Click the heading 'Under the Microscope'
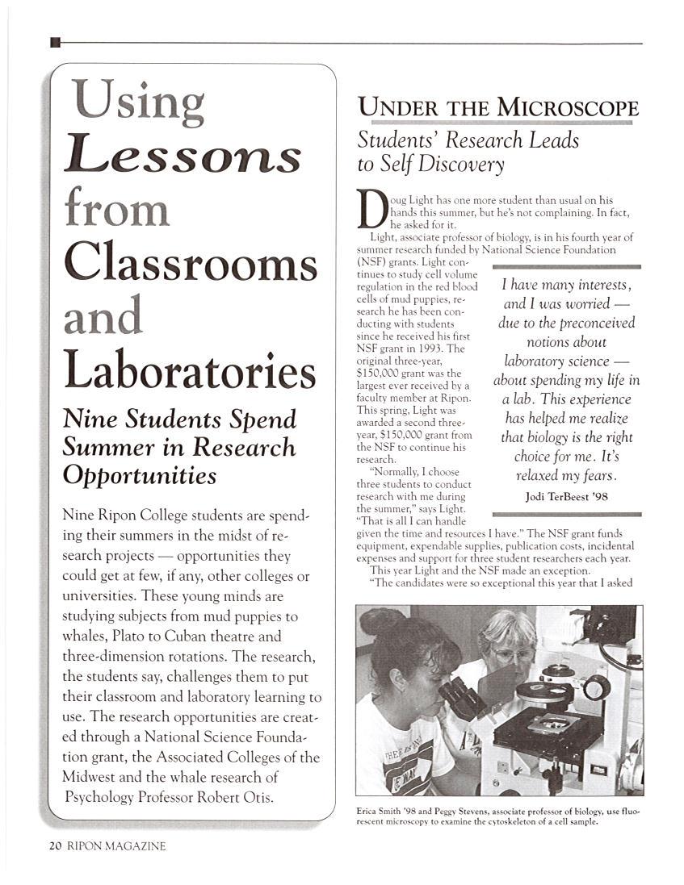click(498, 106)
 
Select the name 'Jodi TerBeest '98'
click(566, 496)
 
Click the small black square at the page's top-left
click(55, 42)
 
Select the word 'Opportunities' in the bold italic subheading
click(140, 475)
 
